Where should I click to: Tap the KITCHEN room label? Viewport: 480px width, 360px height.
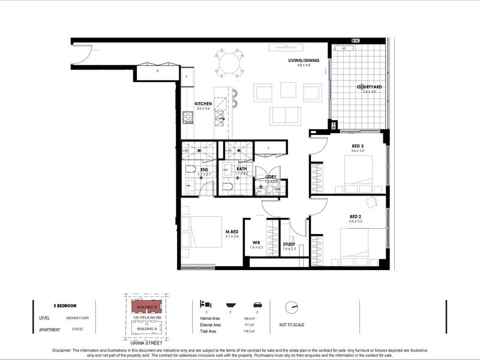coord(203,104)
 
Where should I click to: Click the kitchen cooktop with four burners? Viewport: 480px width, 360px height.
coord(188,117)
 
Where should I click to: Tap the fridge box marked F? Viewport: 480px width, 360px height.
coord(188,76)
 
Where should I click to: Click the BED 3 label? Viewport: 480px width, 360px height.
coord(358,146)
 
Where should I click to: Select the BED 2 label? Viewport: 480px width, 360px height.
coord(356,216)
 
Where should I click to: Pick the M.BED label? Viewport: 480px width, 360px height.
coord(232,232)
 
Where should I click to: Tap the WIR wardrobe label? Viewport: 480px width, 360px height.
coord(256,242)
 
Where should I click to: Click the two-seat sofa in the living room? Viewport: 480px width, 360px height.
coord(285,115)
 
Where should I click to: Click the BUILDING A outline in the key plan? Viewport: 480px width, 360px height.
coord(148,329)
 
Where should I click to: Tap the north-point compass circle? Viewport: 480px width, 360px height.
coord(292,307)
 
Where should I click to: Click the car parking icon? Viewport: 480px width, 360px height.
coord(257,305)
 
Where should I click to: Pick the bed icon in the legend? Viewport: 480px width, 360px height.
coord(205,304)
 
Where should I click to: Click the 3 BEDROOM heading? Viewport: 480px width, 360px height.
coord(65,305)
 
